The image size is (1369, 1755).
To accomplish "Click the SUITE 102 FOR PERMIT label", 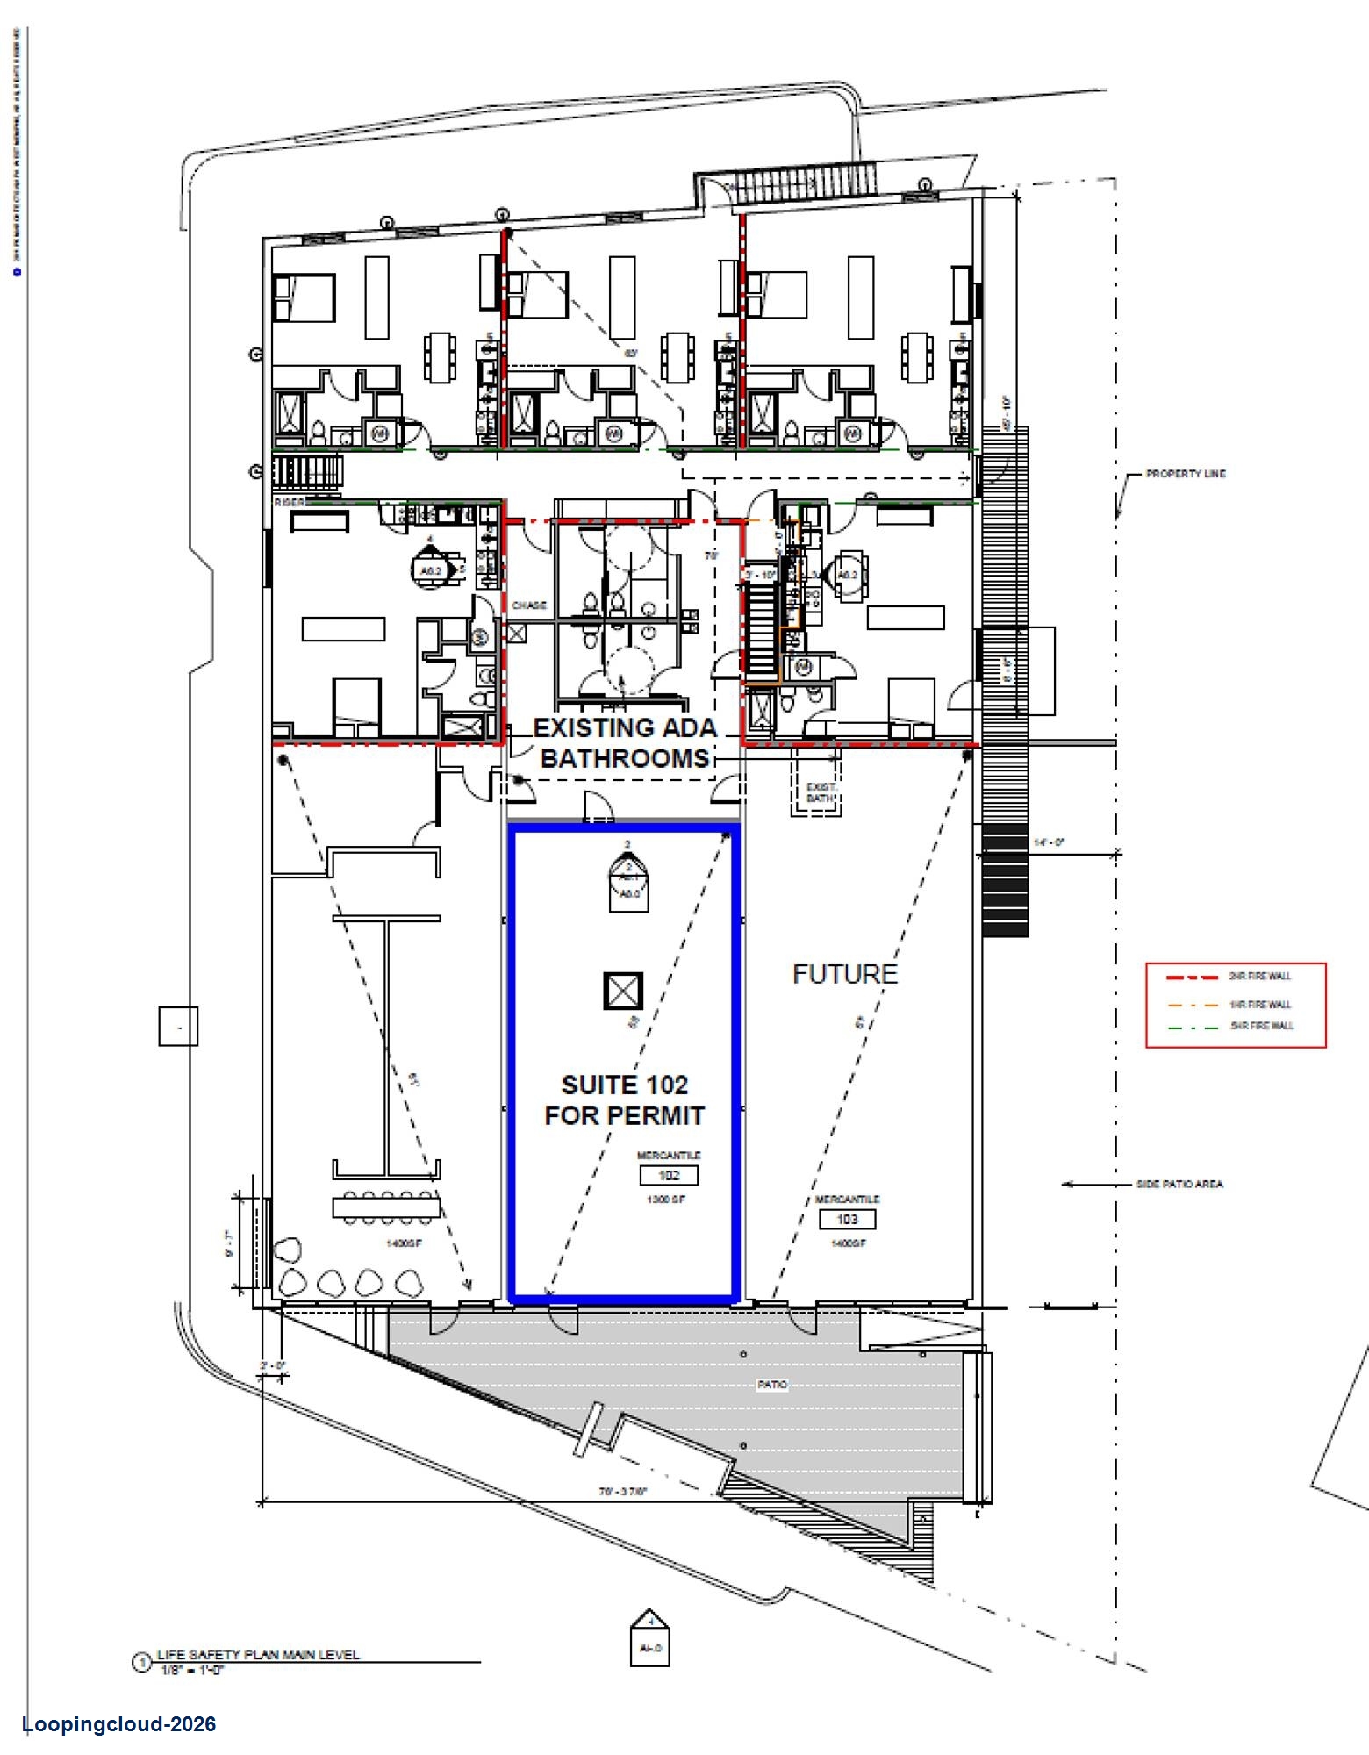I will pyautogui.click(x=624, y=1100).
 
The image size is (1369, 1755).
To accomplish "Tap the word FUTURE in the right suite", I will pyautogui.click(x=844, y=974).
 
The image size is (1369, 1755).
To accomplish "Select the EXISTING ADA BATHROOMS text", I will pyautogui.click(x=625, y=742).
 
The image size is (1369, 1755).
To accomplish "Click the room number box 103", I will pyautogui.click(x=847, y=1219).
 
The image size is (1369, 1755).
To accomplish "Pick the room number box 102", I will pyautogui.click(x=669, y=1175).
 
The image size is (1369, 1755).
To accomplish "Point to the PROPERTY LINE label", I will pyautogui.click(x=1185, y=474).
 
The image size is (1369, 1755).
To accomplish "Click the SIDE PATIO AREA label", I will pyautogui.click(x=1179, y=1184).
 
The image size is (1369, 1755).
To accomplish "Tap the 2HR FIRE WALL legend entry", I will pyautogui.click(x=1259, y=977).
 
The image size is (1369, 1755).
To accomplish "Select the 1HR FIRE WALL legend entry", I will pyautogui.click(x=1259, y=1005).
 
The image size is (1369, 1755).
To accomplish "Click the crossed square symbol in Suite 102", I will pyautogui.click(x=623, y=992).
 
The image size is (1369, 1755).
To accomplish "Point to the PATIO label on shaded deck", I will pyautogui.click(x=772, y=1385).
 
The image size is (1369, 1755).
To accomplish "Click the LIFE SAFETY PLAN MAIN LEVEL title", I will pyautogui.click(x=258, y=1654).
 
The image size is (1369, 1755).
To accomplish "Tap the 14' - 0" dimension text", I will pyautogui.click(x=1049, y=842).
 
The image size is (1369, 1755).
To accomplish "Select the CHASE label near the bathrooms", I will pyautogui.click(x=529, y=605).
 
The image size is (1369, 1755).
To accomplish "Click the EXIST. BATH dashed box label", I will pyautogui.click(x=820, y=792).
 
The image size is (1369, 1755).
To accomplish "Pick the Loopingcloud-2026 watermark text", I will pyautogui.click(x=118, y=1724).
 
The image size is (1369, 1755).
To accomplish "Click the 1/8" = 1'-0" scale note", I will pyautogui.click(x=193, y=1670).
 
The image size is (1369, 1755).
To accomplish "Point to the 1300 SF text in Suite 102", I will pyautogui.click(x=666, y=1200).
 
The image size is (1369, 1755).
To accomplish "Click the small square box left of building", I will pyautogui.click(x=178, y=1026).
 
